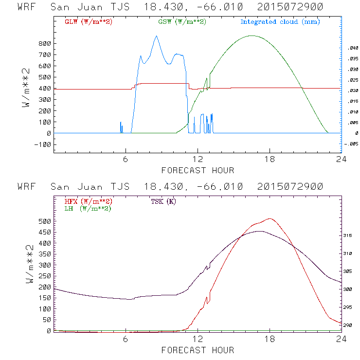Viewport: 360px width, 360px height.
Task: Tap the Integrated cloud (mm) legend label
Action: pos(280,22)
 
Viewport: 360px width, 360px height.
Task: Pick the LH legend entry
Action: pos(88,208)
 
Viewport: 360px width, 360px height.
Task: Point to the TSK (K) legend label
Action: pos(163,201)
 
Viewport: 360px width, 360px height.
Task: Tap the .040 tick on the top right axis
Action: pos(351,48)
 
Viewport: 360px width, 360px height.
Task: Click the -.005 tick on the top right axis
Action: pos(350,144)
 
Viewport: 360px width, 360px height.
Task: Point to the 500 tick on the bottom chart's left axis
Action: pos(44,221)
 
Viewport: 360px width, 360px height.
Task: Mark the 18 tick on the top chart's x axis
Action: pos(270,160)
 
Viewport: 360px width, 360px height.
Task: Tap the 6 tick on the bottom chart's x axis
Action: pos(126,339)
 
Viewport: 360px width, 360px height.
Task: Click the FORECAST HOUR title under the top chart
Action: pos(198,170)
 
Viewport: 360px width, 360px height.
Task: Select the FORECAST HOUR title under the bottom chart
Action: pos(198,350)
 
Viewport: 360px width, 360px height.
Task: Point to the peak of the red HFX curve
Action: pos(270,218)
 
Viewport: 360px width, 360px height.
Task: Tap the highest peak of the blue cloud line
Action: pos(156,36)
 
